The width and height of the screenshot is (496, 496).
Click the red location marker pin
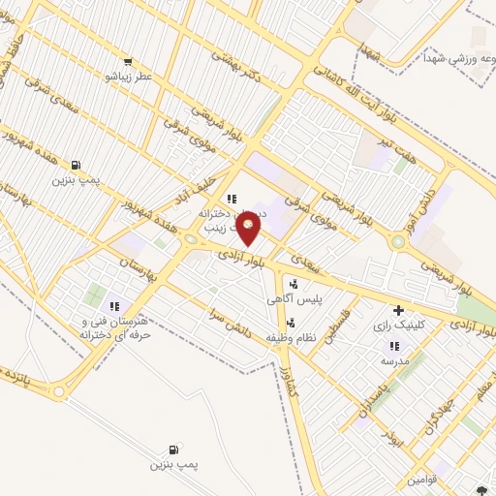249,230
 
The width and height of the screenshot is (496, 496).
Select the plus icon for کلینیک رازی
397,311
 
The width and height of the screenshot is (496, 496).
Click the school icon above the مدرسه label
393,345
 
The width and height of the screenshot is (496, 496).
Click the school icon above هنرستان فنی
114,305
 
